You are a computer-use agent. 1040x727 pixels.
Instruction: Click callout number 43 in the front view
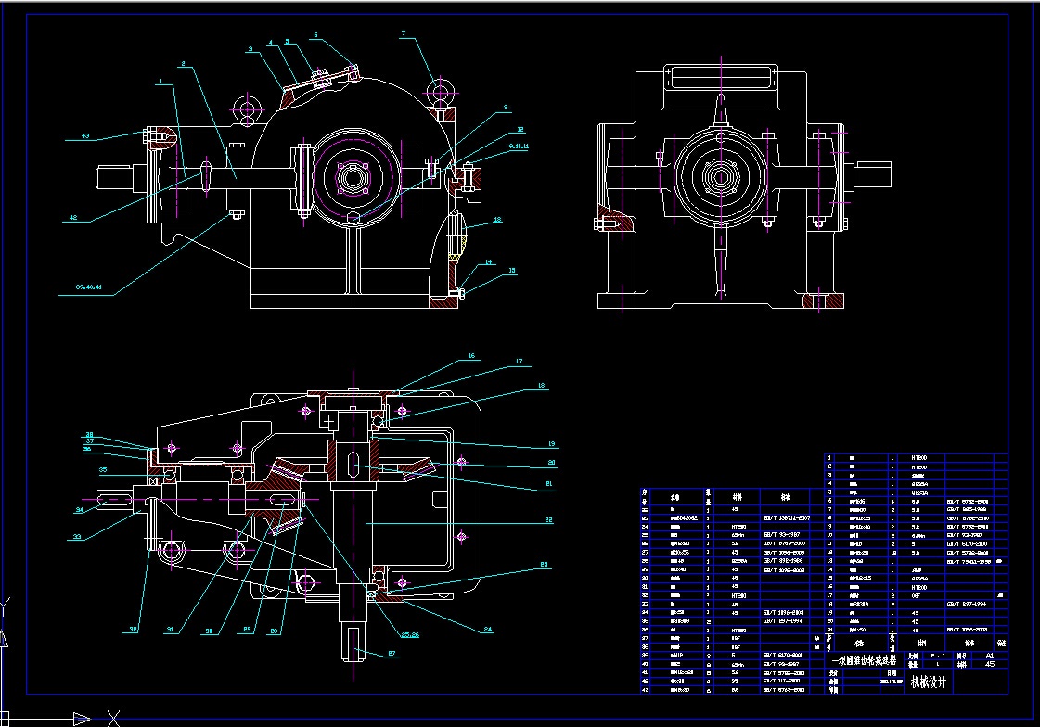pos(85,136)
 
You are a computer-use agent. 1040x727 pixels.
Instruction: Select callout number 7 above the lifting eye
pos(404,34)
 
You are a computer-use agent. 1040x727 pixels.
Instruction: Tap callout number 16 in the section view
pos(471,355)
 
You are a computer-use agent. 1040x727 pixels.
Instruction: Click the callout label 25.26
pos(409,634)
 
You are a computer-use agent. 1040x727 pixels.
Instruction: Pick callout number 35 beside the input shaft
pos(105,470)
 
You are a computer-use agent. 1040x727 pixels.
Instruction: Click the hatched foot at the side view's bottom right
pos(824,300)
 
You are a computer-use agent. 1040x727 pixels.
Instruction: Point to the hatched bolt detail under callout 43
pos(159,139)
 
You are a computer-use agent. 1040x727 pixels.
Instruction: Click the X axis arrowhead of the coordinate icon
pos(83,718)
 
